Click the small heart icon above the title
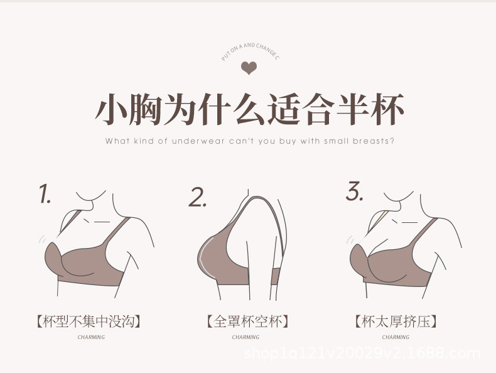coord(249,68)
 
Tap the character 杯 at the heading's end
coord(384,110)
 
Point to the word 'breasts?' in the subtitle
coord(373,141)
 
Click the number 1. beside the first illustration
coord(45,195)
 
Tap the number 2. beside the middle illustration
coord(198,197)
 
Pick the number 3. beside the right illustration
coord(355,192)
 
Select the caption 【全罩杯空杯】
coord(247,322)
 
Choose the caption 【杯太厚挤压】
coord(396,322)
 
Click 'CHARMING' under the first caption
coord(91,337)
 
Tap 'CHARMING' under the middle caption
coord(245,337)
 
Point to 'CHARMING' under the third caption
coord(396,337)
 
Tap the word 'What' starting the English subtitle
coord(117,141)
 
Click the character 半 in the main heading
coord(340,110)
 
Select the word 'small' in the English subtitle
coord(337,141)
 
